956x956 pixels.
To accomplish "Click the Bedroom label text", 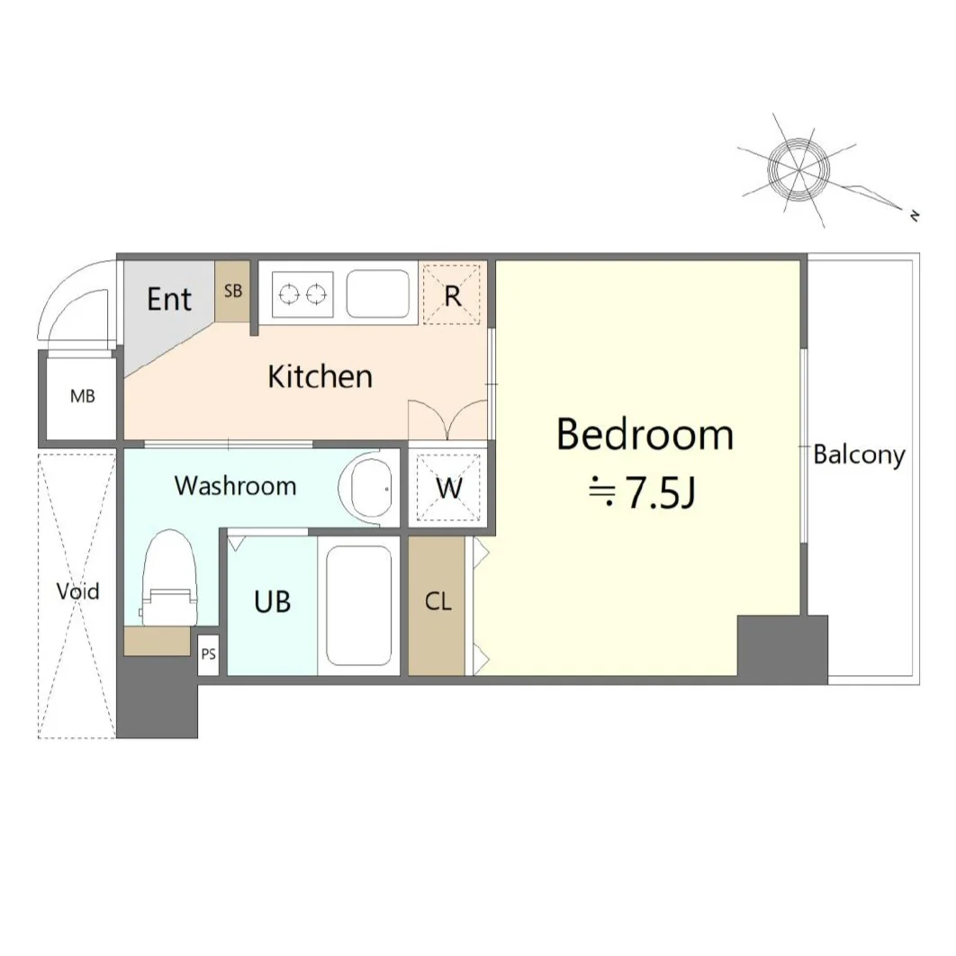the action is point(645,435).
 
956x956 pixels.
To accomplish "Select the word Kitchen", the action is point(320,376).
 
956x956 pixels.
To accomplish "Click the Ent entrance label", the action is point(169,299).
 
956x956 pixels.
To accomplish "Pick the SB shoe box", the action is point(233,292).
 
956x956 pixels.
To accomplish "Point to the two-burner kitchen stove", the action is point(303,294).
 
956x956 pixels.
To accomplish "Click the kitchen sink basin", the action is point(378,294).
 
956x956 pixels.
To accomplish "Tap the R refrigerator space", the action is point(452,295).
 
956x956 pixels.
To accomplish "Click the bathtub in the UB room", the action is point(358,606).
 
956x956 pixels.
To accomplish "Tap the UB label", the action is point(272,602).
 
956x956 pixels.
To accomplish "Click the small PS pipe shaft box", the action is point(208,654).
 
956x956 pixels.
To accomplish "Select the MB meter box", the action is point(82,396).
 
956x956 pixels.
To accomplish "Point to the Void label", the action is point(77,591).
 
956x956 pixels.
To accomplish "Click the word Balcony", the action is point(859,455).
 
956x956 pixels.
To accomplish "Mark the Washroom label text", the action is point(235,486).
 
